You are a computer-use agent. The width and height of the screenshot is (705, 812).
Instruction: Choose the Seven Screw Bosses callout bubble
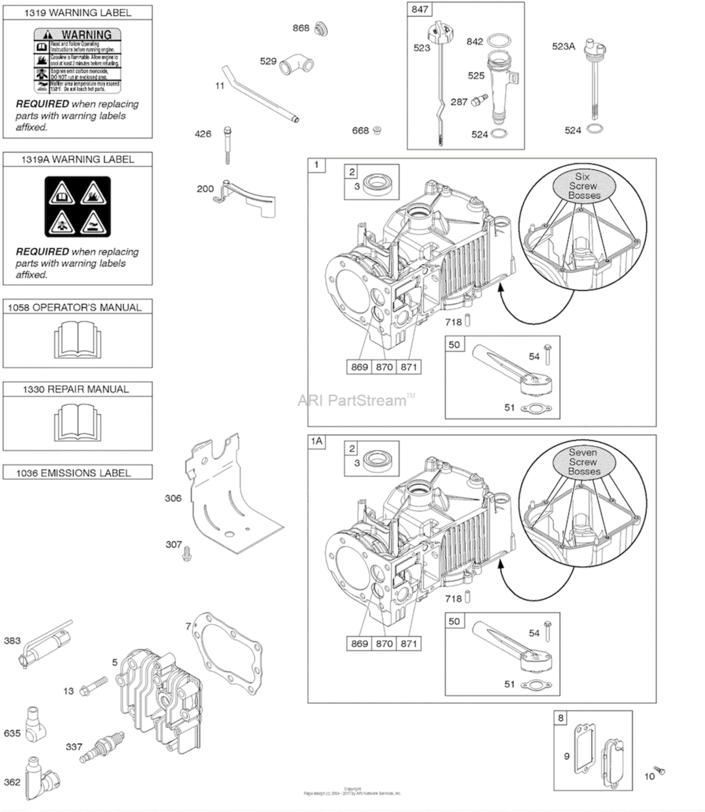click(x=584, y=462)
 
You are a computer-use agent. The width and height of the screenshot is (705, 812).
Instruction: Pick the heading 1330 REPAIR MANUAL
click(x=76, y=389)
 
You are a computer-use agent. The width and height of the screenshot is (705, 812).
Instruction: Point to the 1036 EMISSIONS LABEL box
click(x=78, y=473)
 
